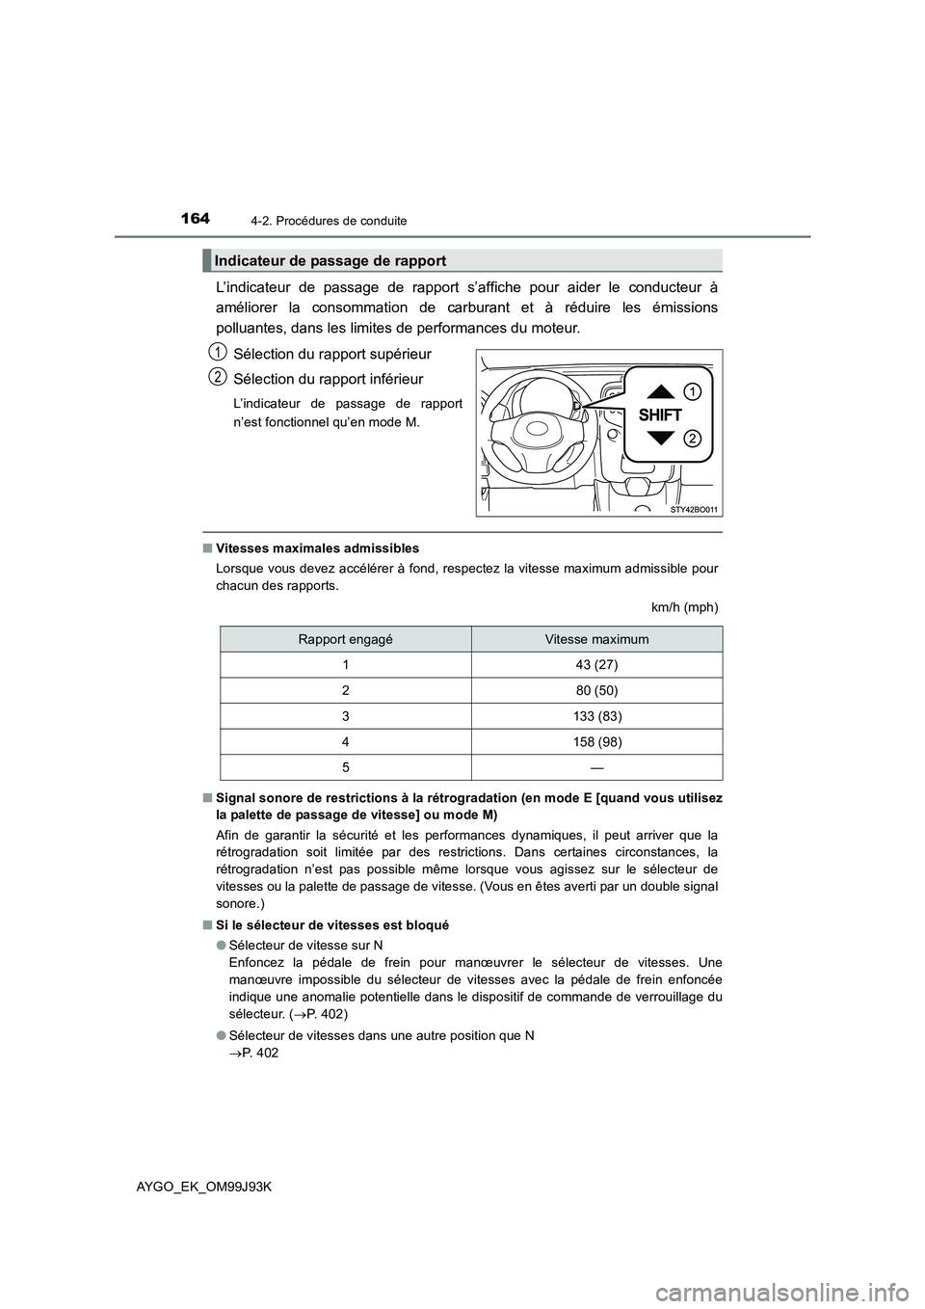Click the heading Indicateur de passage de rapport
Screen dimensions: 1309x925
(330, 260)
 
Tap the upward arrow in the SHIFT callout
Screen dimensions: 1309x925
(660, 391)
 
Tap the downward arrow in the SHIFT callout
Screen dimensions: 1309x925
(660, 439)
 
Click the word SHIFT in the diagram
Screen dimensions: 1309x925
(660, 415)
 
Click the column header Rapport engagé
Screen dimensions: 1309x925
(345, 639)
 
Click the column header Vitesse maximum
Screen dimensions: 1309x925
(596, 639)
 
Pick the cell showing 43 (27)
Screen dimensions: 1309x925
(596, 665)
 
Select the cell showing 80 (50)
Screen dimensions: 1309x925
(596, 690)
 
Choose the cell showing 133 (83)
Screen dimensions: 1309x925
(596, 716)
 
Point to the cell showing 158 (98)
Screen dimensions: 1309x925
(596, 742)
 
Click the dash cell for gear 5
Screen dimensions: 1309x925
(596, 767)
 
